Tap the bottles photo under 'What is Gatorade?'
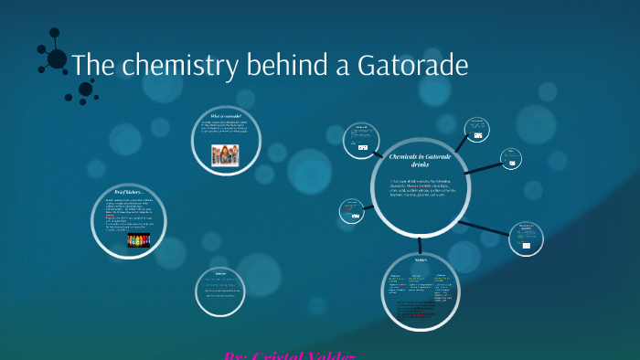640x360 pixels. (x=224, y=154)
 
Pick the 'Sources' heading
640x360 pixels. (x=220, y=273)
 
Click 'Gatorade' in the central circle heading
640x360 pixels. (x=442, y=157)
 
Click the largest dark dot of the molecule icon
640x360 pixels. (x=57, y=59)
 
